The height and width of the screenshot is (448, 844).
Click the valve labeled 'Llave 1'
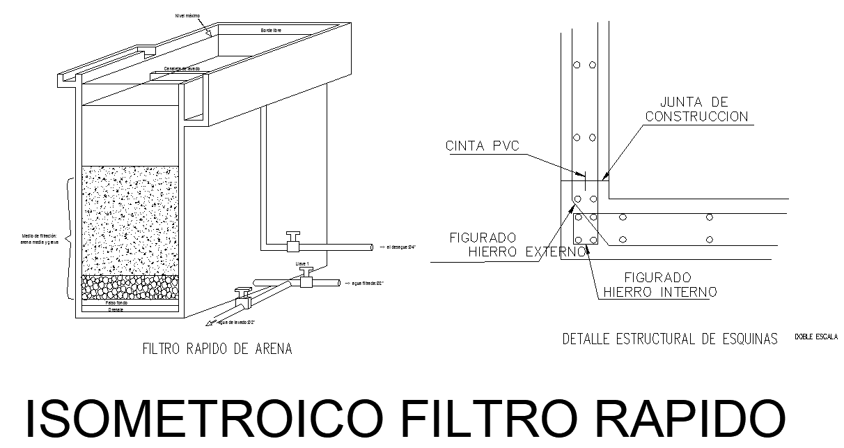305,279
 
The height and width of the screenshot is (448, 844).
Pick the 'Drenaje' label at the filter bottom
116,310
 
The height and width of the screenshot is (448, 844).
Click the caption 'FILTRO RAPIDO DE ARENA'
217,348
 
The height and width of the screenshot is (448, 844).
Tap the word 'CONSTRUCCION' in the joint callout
697,117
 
